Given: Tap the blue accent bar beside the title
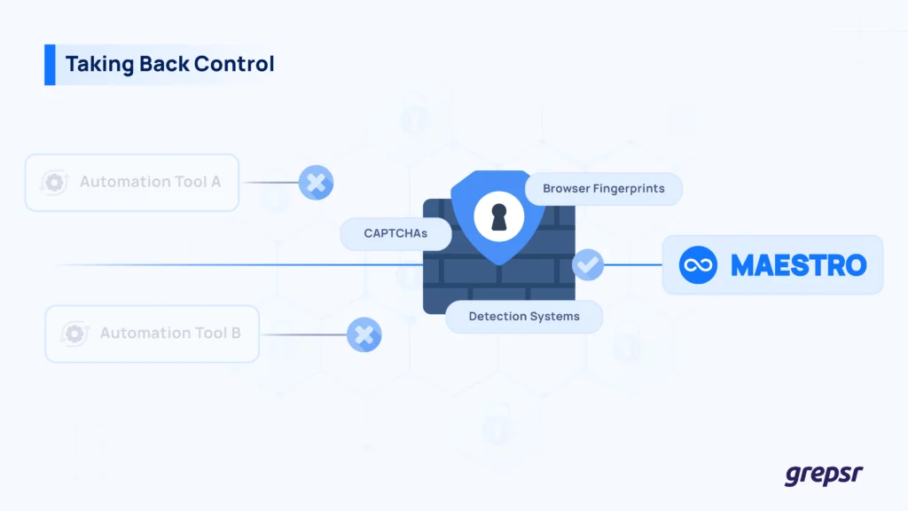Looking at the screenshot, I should [50, 65].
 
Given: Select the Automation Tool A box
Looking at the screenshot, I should [131, 182].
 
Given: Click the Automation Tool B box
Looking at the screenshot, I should [152, 334].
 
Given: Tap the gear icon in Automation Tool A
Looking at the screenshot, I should [56, 182].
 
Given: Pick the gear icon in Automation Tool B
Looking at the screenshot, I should [75, 334].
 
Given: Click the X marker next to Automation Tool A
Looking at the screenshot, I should [315, 182].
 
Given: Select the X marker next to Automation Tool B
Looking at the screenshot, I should [364, 334].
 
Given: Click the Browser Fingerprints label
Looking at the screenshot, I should [604, 189].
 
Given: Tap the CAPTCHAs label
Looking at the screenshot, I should [395, 234].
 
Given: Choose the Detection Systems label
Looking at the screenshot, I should [524, 316].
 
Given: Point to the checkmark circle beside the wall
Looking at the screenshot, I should [588, 263].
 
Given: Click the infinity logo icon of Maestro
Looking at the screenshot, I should [698, 265].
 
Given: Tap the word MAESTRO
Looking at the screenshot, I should [798, 265].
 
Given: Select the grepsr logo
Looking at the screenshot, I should [823, 475].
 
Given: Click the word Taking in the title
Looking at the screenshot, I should [93, 64].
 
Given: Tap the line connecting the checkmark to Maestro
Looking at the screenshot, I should [634, 264].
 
